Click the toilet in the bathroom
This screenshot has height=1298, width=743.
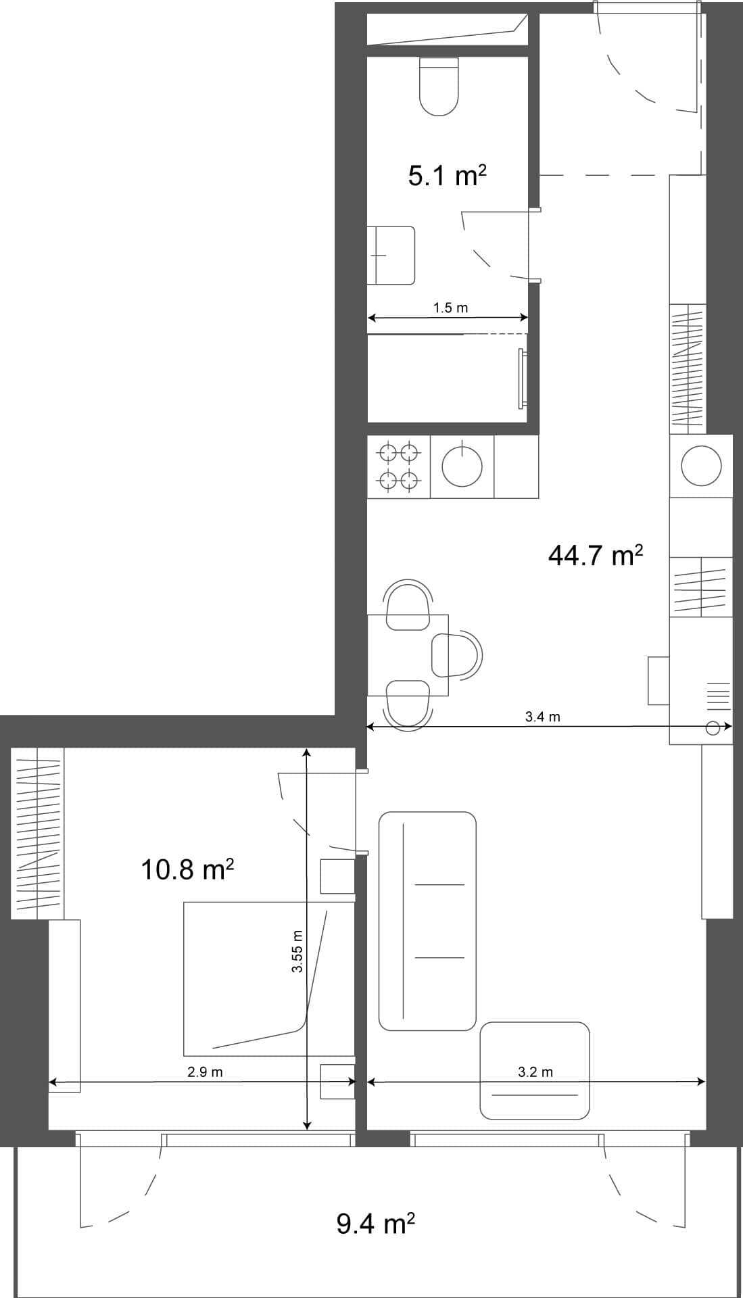click(439, 86)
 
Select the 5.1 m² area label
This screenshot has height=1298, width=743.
click(447, 176)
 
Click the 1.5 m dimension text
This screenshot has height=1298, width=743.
click(450, 308)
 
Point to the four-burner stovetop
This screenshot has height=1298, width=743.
click(398, 466)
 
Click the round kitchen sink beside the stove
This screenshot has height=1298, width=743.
click(462, 466)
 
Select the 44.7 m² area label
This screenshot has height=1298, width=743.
click(594, 556)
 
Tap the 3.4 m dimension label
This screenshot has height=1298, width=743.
click(542, 717)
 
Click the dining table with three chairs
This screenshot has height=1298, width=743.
click(408, 654)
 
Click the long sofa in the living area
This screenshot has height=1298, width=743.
click(427, 921)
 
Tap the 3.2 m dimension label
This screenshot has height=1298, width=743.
click(535, 1072)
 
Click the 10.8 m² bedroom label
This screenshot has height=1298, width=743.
click(187, 869)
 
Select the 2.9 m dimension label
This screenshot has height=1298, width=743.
click(205, 1072)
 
